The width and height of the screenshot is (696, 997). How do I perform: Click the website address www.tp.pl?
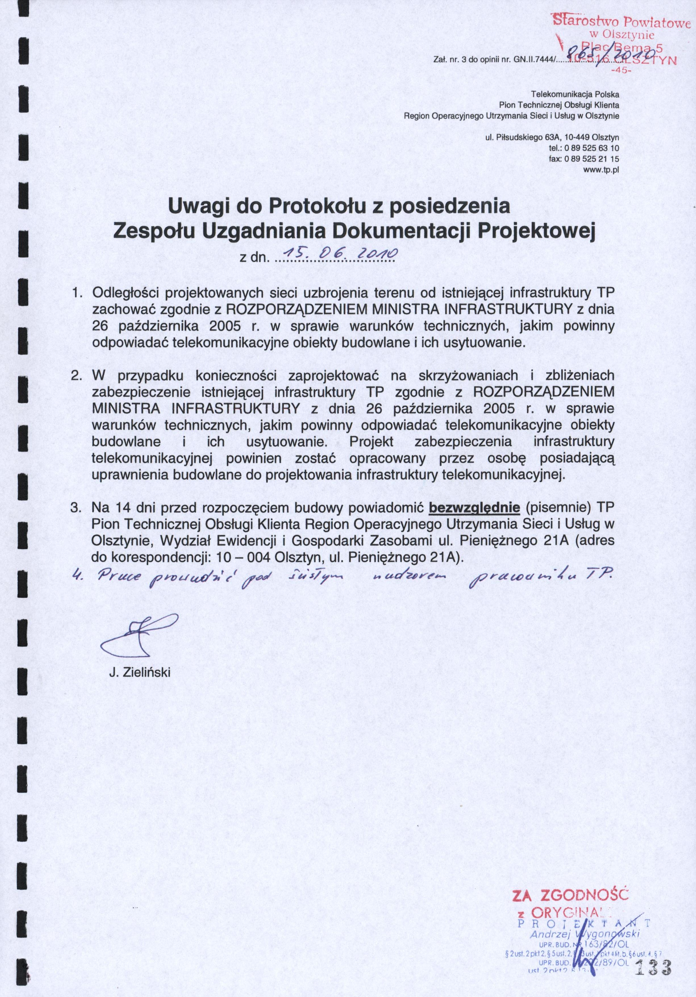[601, 170]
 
